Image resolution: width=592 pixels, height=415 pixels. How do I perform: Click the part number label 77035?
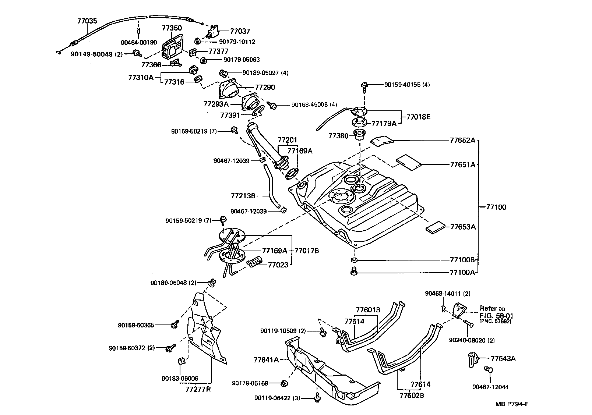tap(87, 21)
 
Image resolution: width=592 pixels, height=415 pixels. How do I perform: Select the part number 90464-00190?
tap(138, 43)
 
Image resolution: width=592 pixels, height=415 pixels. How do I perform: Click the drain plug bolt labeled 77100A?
tap(354, 272)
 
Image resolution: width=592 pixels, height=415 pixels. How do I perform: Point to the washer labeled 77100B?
tap(354, 260)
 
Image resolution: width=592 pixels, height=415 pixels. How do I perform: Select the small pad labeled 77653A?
tap(436, 227)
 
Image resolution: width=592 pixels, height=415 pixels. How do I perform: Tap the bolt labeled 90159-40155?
tap(365, 85)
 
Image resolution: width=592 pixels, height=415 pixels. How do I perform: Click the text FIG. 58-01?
tap(496, 316)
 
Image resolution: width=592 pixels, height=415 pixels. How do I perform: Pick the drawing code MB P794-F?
tap(512, 404)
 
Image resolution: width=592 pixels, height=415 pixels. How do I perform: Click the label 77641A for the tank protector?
tap(266, 359)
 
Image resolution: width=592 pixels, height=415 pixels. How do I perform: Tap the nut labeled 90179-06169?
tap(284, 383)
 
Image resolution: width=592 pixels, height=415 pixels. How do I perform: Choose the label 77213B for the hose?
tap(243, 196)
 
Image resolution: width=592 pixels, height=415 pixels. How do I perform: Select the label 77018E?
tap(418, 117)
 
